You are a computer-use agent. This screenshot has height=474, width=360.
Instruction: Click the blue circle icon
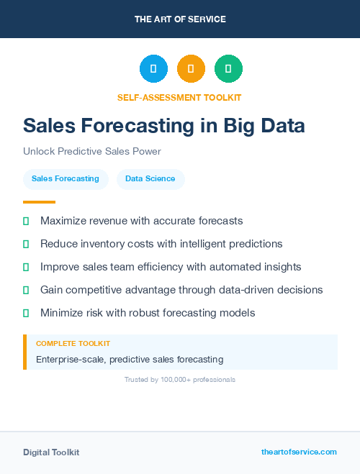point(153,69)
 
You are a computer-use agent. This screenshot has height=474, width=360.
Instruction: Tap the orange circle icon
point(191,69)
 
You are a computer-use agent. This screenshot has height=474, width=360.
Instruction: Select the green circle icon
point(228,69)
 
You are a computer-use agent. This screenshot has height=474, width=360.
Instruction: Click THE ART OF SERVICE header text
point(180,19)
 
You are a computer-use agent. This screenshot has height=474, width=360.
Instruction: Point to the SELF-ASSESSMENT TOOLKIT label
point(179,97)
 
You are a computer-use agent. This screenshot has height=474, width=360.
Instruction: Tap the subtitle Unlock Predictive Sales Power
point(92,152)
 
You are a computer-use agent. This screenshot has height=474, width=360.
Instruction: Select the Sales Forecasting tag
point(66,179)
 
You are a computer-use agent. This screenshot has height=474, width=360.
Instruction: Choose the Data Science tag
point(150,179)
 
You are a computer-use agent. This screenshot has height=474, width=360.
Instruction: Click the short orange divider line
point(39,202)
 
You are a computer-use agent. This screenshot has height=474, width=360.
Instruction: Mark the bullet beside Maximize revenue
point(26,221)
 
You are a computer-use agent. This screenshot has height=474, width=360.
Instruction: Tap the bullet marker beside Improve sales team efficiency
point(26,267)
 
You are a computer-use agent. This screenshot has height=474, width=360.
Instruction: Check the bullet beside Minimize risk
point(26,313)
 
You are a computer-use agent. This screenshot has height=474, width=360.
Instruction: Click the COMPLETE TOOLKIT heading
point(73,344)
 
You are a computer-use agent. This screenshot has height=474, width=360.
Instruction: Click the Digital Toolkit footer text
point(51,452)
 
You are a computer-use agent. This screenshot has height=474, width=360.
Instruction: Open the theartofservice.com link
point(299,452)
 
